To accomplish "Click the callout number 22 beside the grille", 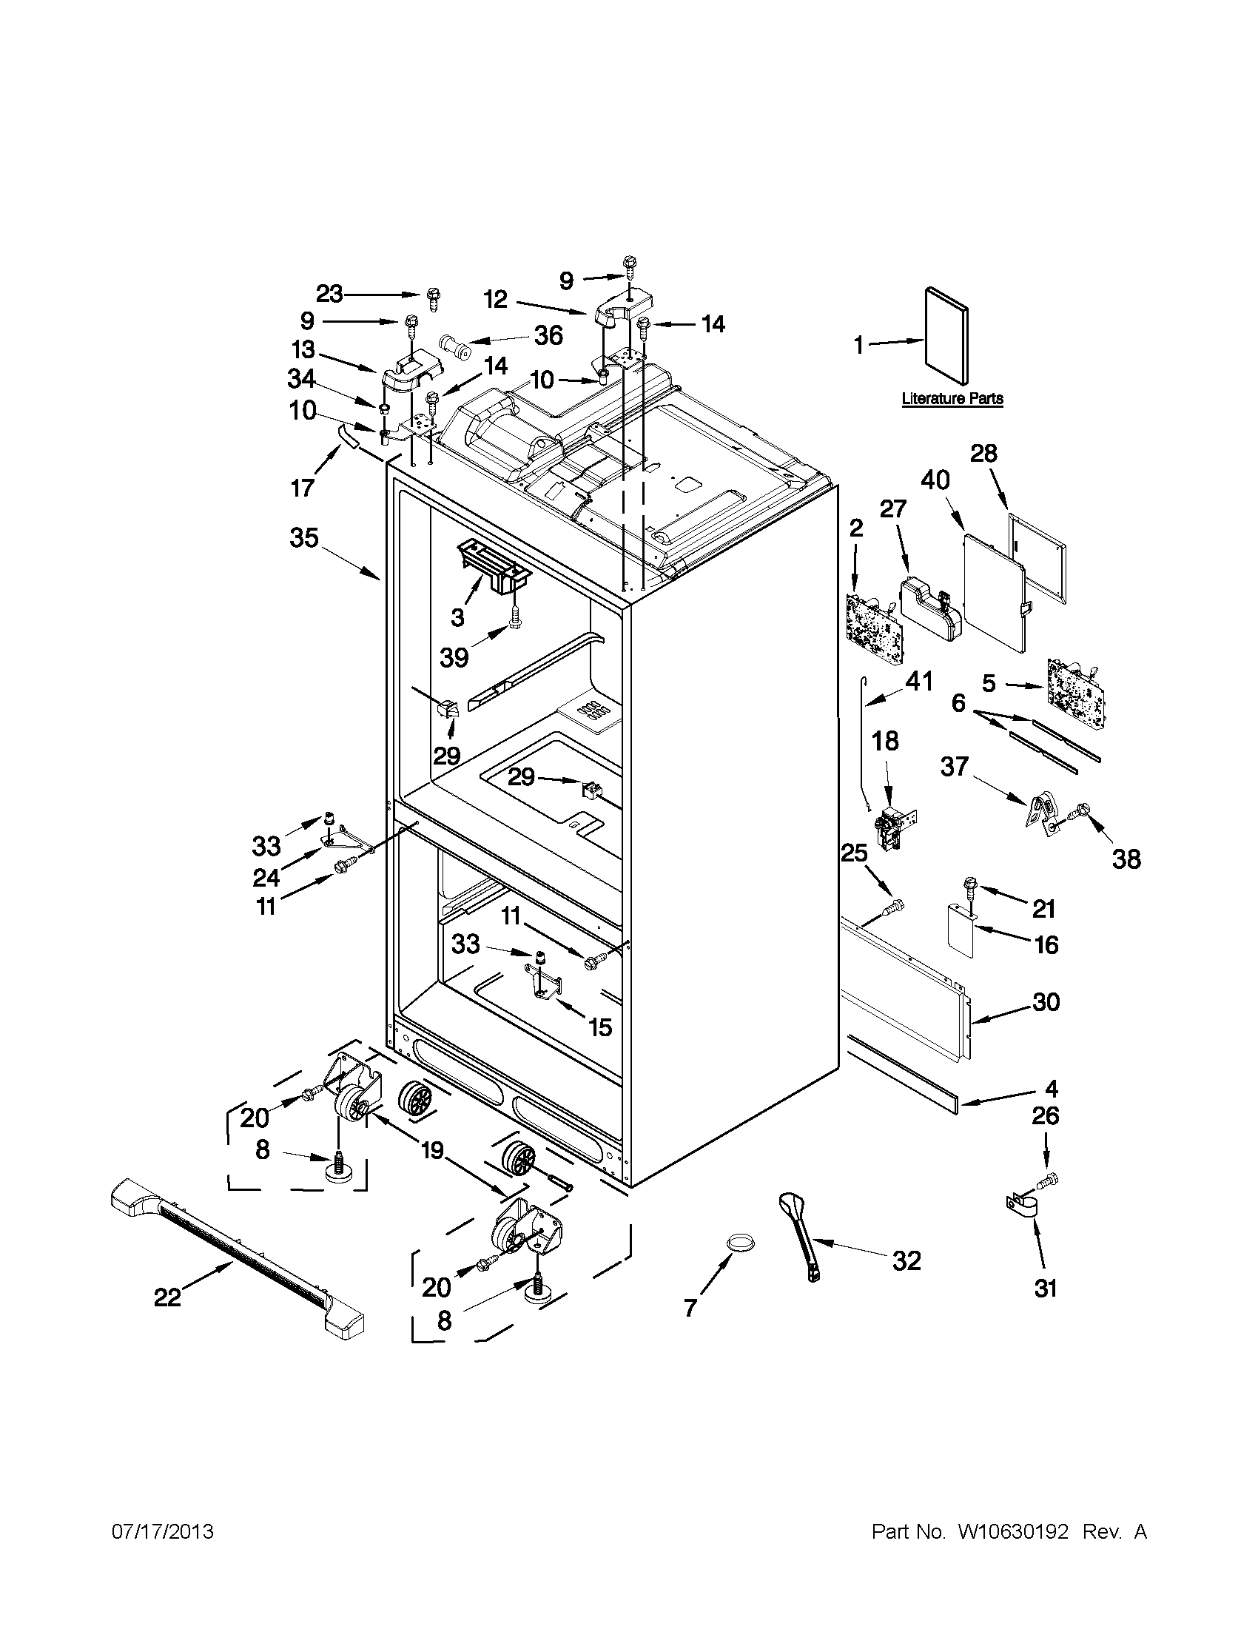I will coord(167,1298).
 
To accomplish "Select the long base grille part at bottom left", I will coord(237,1255).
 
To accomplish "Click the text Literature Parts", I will coord(952,399).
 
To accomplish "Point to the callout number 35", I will coord(304,538).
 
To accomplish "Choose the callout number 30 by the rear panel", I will coord(1046,1001).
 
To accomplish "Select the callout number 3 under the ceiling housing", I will coord(457,617).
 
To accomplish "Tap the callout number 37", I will coord(955,767).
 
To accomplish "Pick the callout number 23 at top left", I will coord(329,295).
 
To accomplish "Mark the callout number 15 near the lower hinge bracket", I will coord(600,1028).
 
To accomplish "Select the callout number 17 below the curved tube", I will coord(303,488).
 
